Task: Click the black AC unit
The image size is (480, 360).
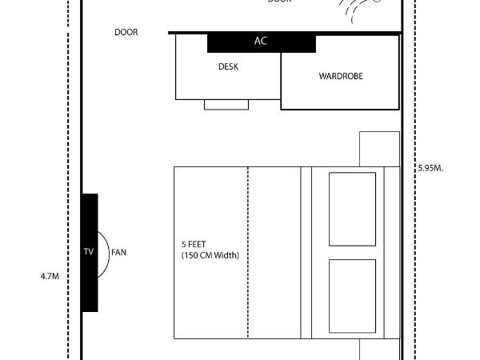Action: pos(262,42)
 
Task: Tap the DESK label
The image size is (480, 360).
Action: pos(228,67)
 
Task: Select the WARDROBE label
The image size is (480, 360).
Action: pos(341,76)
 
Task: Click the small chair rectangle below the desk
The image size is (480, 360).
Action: pos(226,104)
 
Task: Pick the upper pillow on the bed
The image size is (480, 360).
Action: pos(352,209)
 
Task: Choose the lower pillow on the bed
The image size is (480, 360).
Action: pos(352,295)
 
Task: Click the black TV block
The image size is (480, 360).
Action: pos(90,252)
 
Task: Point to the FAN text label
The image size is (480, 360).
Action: pos(118,252)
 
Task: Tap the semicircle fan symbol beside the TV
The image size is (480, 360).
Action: pos(103,252)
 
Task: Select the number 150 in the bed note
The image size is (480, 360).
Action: pos(193,255)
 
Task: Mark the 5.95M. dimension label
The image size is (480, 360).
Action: pos(430,169)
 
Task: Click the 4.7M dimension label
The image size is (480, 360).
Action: pos(50,276)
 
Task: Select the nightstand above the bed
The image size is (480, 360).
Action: pos(379,149)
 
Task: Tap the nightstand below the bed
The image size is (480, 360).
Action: pos(379,350)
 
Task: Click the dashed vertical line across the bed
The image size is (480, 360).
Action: pos(248,252)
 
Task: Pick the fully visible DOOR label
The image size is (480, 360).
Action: pos(126,33)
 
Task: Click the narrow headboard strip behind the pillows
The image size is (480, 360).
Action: pos(391,252)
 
